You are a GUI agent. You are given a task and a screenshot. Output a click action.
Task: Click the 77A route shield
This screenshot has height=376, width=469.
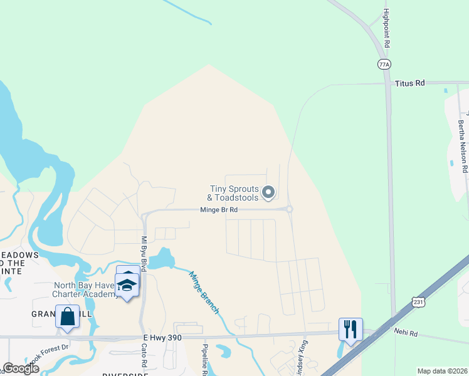384,64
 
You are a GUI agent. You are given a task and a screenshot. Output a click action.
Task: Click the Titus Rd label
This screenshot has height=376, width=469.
410,83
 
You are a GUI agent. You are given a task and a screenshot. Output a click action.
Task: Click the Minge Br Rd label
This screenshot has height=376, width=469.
218,210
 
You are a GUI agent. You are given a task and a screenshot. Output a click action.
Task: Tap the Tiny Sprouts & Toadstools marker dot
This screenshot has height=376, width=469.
268,192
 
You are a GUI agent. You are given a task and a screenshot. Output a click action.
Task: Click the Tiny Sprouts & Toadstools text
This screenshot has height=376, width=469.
233,193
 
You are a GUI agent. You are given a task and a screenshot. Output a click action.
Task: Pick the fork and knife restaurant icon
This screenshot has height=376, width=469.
350,328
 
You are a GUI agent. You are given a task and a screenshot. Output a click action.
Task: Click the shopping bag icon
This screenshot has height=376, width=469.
67,316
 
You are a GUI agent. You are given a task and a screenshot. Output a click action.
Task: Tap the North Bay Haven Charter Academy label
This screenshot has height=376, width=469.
84,290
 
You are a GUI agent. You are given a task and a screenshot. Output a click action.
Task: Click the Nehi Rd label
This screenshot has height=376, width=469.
405,333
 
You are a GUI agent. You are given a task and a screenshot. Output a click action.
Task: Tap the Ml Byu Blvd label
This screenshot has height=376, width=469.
144,254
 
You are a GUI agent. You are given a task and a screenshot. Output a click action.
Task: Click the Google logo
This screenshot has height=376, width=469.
21,368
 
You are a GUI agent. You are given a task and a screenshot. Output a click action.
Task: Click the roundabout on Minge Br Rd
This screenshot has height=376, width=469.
289,209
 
